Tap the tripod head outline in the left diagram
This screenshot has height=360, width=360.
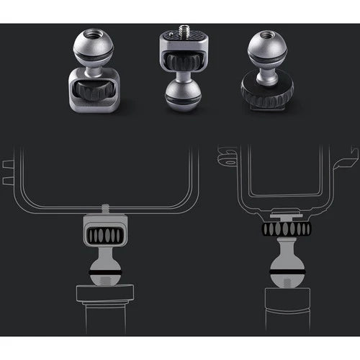tap(105, 294)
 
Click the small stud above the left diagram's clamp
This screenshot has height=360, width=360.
tap(105, 209)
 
